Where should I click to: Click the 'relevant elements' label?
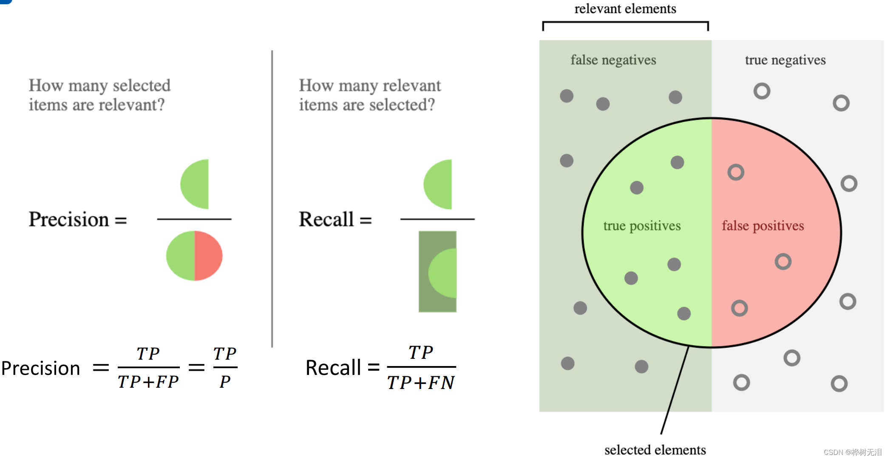pyautogui.click(x=625, y=9)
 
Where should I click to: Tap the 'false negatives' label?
pyautogui.click(x=613, y=60)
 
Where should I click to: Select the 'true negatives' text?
pyautogui.click(x=785, y=60)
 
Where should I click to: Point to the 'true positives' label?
pyautogui.click(x=642, y=226)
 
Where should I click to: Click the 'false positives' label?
pyautogui.click(x=763, y=226)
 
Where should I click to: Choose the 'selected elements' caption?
pyautogui.click(x=655, y=450)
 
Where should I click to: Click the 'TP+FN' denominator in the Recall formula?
pyautogui.click(x=421, y=383)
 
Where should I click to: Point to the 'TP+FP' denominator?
pyautogui.click(x=148, y=382)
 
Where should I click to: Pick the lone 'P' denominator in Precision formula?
pyautogui.click(x=225, y=382)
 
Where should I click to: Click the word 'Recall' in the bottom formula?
pyautogui.click(x=333, y=368)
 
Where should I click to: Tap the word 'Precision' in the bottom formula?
pyautogui.click(x=41, y=368)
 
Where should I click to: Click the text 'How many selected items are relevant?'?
pyautogui.click(x=99, y=95)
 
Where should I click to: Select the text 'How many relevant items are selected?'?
pyautogui.click(x=370, y=95)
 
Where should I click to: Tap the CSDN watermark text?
pyautogui.click(x=852, y=452)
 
